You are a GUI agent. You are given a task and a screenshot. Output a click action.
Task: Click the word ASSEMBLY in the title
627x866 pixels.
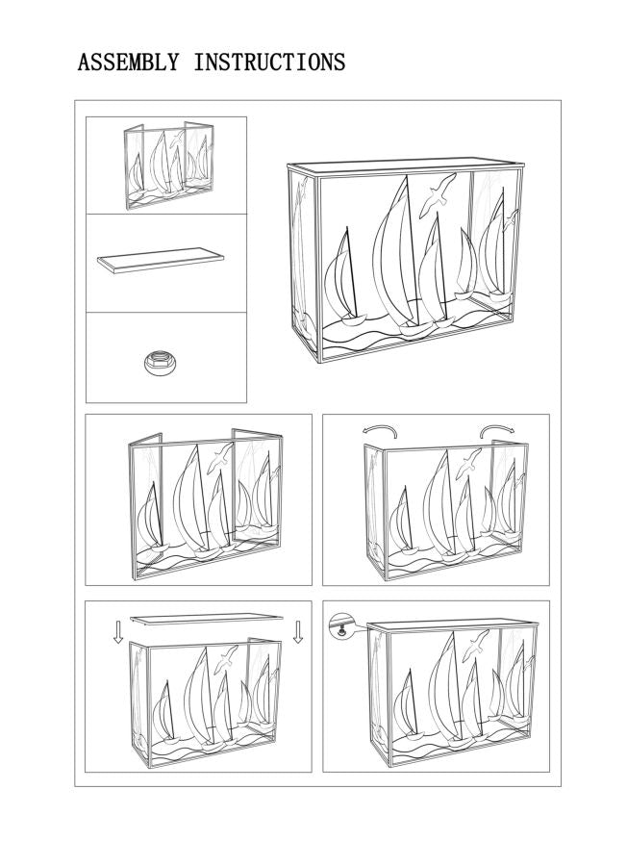coord(128,63)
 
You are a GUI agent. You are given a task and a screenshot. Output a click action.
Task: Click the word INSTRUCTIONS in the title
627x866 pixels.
coord(269,63)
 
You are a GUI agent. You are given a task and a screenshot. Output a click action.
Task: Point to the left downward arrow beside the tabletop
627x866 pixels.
coord(117,631)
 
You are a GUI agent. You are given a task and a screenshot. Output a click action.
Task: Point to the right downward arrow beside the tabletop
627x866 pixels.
coord(298,630)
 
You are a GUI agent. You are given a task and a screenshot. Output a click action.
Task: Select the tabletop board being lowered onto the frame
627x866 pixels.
coord(208,618)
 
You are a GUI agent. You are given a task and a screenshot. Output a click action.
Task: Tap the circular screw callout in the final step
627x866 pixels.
coord(340,623)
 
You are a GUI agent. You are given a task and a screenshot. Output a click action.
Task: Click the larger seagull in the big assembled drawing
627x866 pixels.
coord(438,196)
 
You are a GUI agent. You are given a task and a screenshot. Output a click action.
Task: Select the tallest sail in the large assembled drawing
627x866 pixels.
coord(392,250)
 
